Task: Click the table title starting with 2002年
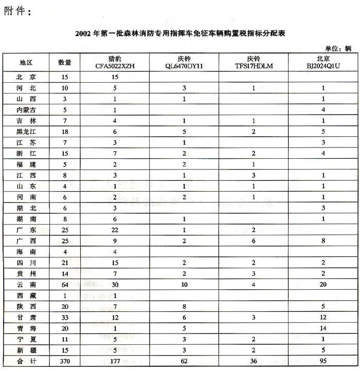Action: tap(179, 33)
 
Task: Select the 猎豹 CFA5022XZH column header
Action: tap(115, 62)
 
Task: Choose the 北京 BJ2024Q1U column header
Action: tap(323, 62)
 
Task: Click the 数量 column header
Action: tap(65, 62)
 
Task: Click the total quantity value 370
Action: tap(65, 362)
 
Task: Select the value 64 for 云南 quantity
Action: tap(65, 285)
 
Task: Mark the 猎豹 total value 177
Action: tap(115, 362)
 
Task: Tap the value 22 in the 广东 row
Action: tap(115, 230)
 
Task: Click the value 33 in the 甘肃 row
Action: tap(65, 318)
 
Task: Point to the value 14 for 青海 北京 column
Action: tap(323, 329)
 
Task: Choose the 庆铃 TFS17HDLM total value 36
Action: tap(254, 362)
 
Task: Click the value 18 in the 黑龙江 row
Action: tap(65, 132)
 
